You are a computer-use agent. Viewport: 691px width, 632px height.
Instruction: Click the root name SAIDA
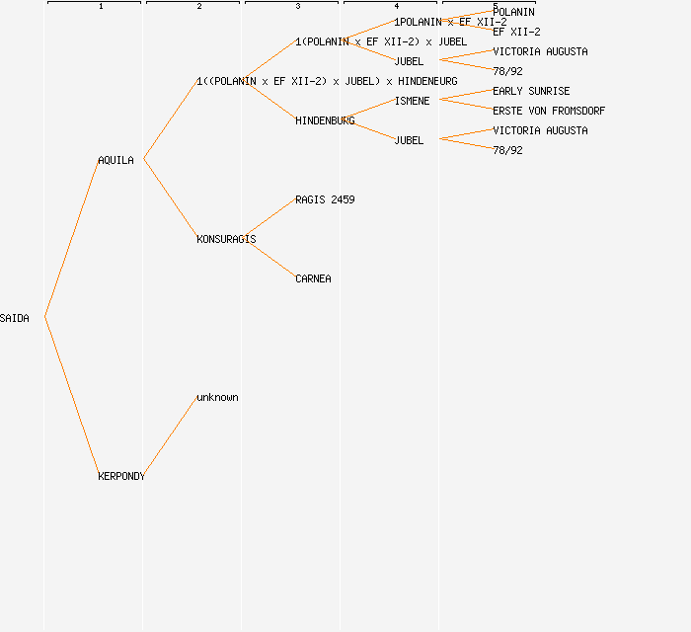15,318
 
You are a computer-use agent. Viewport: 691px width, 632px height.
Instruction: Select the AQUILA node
115,160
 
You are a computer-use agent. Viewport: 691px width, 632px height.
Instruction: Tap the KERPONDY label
121,476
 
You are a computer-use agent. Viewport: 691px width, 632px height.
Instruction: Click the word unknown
217,397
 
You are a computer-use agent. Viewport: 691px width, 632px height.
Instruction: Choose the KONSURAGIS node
226,239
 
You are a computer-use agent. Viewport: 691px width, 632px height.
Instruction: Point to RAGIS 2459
325,199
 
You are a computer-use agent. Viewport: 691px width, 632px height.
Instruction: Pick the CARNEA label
313,278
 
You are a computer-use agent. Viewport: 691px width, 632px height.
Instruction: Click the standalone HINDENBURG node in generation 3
325,120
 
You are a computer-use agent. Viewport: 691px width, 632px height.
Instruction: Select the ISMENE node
412,101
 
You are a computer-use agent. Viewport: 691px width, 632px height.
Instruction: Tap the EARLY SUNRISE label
531,91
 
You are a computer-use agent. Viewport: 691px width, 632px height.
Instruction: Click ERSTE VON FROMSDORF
549,111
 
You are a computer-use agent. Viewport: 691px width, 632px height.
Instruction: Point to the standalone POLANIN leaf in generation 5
513,12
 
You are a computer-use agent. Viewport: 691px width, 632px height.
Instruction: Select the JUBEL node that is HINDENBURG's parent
409,140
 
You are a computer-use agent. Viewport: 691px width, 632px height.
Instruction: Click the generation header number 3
298,7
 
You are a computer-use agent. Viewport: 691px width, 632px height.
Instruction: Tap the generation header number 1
101,7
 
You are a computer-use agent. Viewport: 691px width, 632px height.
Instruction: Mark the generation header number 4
397,7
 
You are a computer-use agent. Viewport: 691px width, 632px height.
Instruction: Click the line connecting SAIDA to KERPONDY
71,396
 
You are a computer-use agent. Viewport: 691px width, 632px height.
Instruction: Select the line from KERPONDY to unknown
170,437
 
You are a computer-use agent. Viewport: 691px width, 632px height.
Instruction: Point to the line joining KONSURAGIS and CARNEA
269,259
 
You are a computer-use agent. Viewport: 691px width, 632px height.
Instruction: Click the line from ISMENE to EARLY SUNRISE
466,95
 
